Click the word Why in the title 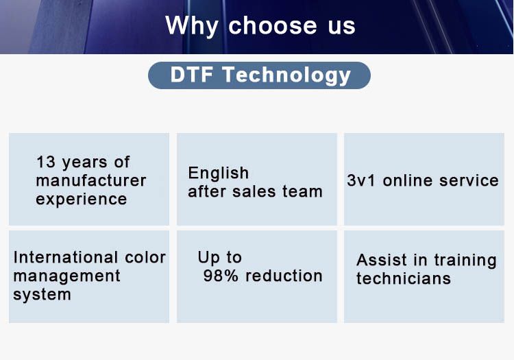(192, 26)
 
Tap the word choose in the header (272, 25)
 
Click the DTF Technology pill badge (259, 75)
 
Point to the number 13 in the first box (46, 162)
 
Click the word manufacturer (90, 180)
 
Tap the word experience (82, 200)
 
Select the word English (219, 173)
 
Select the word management (66, 276)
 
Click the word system (42, 295)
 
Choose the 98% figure (221, 276)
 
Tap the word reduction (284, 276)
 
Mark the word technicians (404, 278)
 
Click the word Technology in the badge (286, 75)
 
